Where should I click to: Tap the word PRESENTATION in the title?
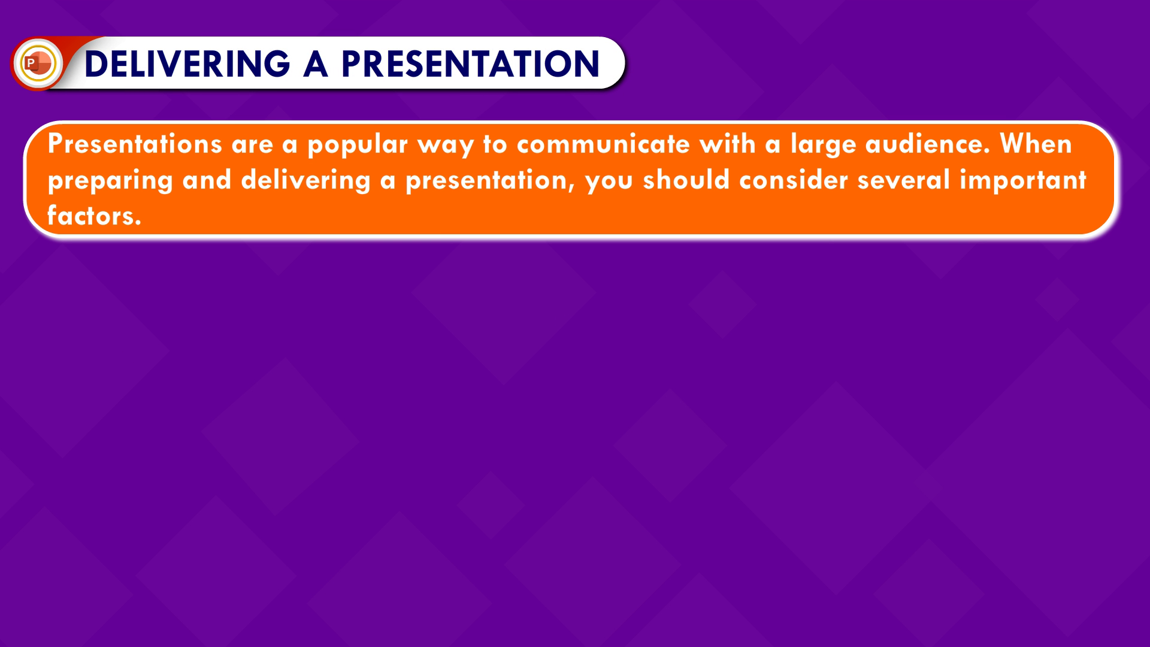[x=471, y=64]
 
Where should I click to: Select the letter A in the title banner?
[x=316, y=64]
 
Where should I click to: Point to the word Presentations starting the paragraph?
[x=135, y=144]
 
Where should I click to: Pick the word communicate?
[x=603, y=144]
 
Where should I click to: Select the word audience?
[x=928, y=144]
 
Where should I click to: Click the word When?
[x=1036, y=144]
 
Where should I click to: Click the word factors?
[x=94, y=215]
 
